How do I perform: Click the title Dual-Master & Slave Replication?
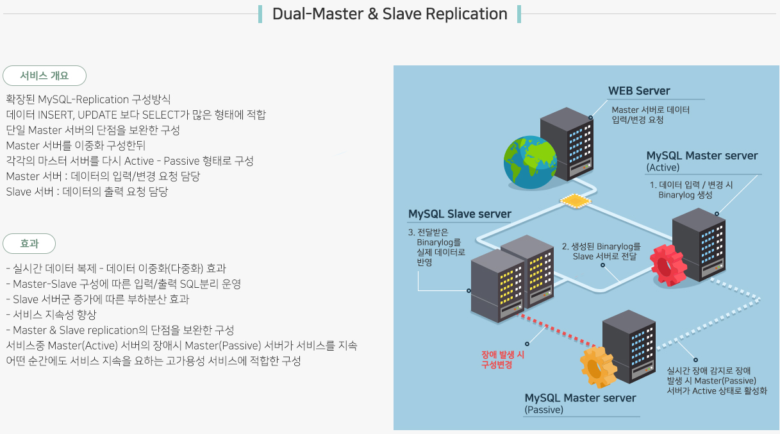pyautogui.click(x=390, y=14)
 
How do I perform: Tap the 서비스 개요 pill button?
pyautogui.click(x=44, y=76)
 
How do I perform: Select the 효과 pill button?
pyautogui.click(x=29, y=244)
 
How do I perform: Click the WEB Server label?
pyautogui.click(x=639, y=91)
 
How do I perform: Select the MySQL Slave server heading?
pyautogui.click(x=460, y=214)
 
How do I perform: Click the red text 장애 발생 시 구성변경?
pyautogui.click(x=503, y=359)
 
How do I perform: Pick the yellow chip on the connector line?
pyautogui.click(x=575, y=201)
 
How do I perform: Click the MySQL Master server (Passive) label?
pyautogui.click(x=580, y=403)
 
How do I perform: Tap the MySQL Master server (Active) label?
pyautogui.click(x=702, y=161)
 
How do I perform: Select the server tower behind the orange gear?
pyautogui.click(x=629, y=346)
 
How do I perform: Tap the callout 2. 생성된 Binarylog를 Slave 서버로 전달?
pyautogui.click(x=601, y=251)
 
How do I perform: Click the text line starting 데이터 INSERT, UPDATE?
pyautogui.click(x=135, y=115)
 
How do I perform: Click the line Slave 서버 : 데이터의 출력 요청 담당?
pyautogui.click(x=87, y=192)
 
